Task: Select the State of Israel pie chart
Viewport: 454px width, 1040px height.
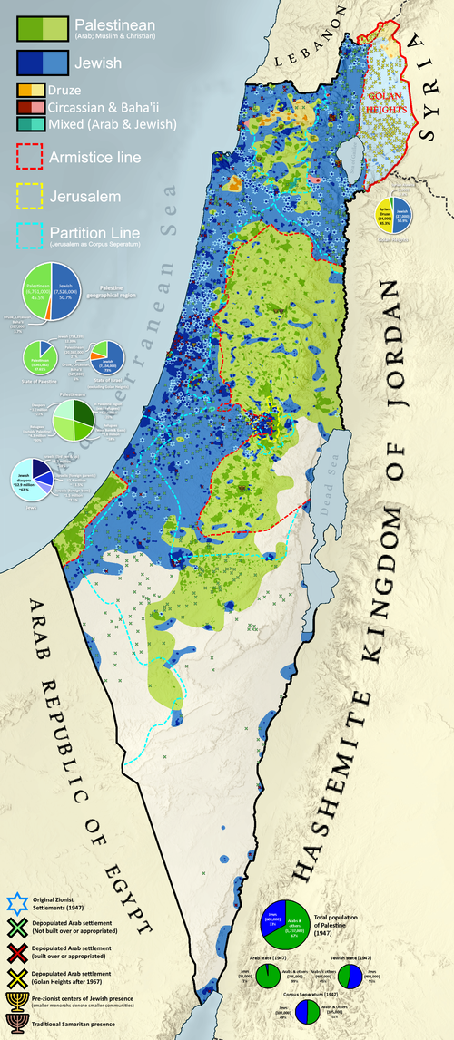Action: point(111,354)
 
